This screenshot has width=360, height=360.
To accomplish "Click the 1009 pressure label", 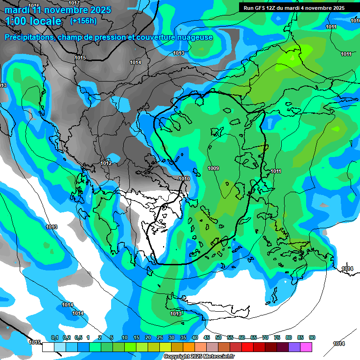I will coord(213,168).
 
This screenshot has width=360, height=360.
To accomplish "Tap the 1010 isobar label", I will coord(184,179).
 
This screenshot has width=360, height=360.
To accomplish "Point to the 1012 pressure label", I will coord(106,163).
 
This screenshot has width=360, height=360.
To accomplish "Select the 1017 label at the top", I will coord(74,3).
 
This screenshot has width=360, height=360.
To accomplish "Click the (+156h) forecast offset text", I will coord(83,21).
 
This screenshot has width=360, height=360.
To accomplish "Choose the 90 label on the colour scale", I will coord(312,338).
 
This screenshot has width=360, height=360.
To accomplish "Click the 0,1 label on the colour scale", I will coord(54,338).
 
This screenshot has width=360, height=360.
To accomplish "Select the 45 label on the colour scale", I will coord(207,338).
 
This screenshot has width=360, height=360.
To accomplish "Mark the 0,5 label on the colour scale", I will coord(78,338).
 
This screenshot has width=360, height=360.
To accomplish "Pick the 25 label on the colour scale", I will coord(160,338).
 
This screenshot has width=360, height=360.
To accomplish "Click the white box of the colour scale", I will coord(48,347).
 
